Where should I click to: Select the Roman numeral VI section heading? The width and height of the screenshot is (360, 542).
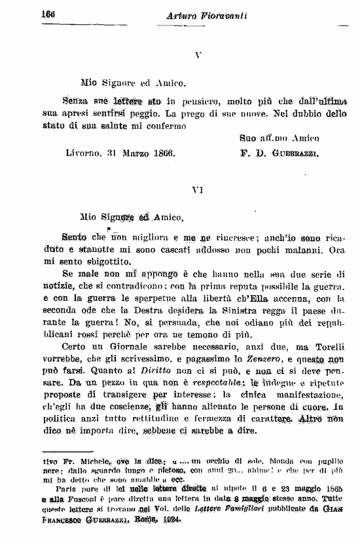pos(198,190)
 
